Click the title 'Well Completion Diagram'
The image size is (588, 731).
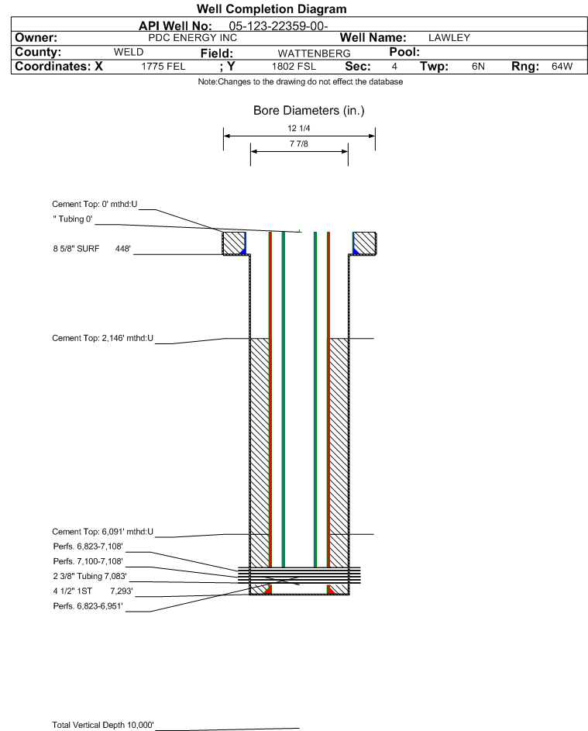[272, 9]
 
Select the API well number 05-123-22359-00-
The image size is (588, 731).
[278, 26]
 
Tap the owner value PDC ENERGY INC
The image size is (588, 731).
[192, 38]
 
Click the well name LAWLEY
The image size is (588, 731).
[449, 38]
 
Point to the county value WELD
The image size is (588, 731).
[129, 52]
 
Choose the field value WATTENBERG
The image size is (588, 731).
[314, 53]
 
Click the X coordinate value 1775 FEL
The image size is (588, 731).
[163, 67]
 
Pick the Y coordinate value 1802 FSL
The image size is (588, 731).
[294, 67]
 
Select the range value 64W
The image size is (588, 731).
[562, 67]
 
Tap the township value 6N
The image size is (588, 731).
[478, 67]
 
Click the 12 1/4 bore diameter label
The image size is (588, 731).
[299, 128]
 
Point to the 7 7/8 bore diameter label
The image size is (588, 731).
[299, 143]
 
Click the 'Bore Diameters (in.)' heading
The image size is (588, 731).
[309, 111]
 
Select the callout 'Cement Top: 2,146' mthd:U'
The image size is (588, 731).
[102, 338]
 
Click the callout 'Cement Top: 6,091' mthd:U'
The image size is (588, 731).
[102, 532]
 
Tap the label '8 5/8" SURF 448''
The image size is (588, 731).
[91, 249]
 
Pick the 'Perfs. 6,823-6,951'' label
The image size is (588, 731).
[88, 606]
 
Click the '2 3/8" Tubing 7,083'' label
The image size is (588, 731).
[90, 576]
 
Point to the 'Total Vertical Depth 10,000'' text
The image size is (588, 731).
[103, 725]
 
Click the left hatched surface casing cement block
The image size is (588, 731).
[233, 243]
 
